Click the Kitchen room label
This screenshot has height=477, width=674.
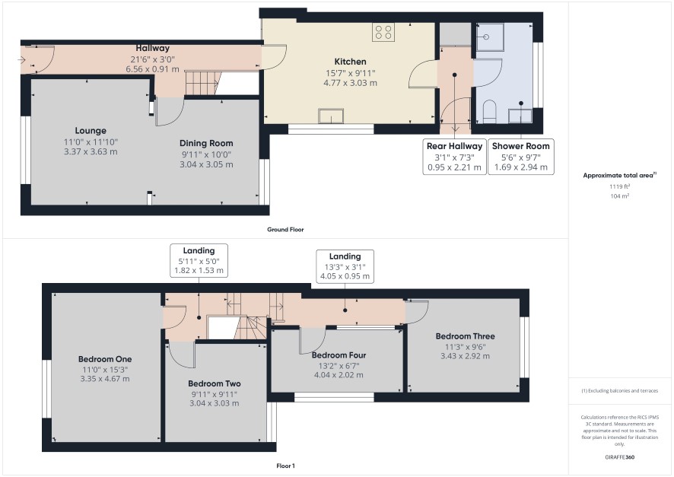(351, 62)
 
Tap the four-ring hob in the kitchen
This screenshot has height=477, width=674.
(383, 32)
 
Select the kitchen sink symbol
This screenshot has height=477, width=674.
(331, 116)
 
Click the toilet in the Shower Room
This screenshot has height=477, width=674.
(489, 112)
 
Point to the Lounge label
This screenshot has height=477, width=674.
(91, 130)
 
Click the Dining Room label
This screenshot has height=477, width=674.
(206, 143)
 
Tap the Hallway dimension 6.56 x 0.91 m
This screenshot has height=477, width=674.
(153, 68)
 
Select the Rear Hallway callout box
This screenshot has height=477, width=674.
(454, 157)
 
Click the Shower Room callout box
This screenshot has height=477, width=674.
(521, 157)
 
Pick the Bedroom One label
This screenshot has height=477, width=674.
(105, 359)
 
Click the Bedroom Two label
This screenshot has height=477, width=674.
(214, 383)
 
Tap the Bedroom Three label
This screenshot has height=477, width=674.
(465, 336)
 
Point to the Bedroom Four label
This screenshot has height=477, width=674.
(339, 355)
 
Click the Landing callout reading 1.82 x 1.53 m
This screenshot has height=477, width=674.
(199, 260)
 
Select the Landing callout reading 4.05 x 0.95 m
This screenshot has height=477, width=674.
(345, 266)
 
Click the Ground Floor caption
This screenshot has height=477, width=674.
(285, 230)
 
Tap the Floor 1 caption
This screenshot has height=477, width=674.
(285, 466)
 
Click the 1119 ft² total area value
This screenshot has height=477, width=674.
(619, 186)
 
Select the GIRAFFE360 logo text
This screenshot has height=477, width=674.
(619, 456)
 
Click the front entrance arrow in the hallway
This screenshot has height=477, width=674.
(22, 60)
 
